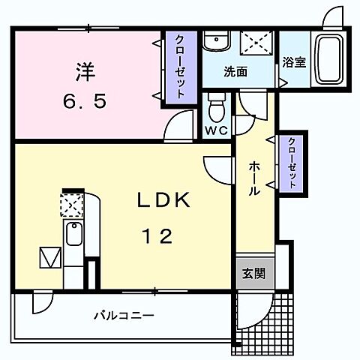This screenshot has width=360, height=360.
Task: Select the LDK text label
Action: (166, 201)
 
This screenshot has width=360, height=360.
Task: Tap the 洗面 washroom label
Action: (236, 73)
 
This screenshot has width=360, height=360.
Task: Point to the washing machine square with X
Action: (254, 43)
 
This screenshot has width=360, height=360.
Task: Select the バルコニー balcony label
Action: (124, 316)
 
